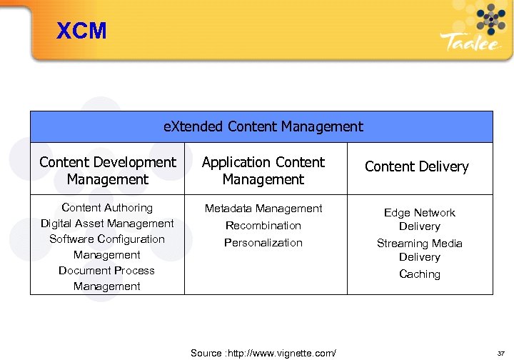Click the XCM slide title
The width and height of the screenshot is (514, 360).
81,31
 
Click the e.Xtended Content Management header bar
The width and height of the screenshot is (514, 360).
263,127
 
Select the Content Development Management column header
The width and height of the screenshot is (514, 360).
108,171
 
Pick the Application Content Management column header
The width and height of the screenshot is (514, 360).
263,171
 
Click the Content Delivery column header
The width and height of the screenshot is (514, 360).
417,166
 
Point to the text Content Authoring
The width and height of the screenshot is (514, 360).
107,208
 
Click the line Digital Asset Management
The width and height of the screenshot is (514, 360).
107,224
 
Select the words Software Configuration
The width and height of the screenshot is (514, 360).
107,239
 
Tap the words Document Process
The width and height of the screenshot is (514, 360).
107,271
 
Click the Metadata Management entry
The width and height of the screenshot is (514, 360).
263,209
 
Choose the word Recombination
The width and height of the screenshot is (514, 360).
263,226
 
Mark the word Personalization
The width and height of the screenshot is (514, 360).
263,243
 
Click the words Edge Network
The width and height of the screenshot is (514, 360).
420,213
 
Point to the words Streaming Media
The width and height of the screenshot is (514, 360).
420,244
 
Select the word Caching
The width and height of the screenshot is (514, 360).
420,274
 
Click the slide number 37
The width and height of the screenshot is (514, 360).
500,353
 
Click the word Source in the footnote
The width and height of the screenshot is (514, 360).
206,353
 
